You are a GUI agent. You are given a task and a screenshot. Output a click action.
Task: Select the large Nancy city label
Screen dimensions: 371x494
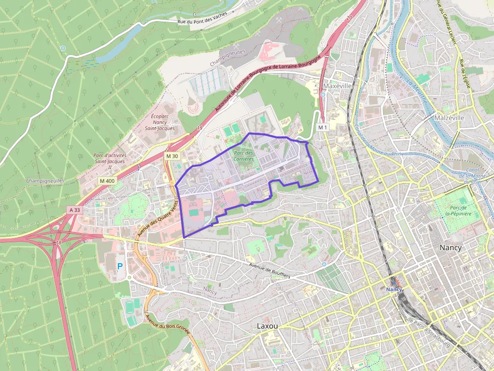coord(450,248)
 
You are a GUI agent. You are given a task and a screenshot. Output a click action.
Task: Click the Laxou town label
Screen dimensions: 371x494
coord(267,326)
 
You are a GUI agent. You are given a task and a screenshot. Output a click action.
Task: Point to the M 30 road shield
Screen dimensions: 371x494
coord(172,156)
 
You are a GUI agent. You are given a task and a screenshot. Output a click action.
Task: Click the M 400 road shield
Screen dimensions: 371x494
coord(107,181)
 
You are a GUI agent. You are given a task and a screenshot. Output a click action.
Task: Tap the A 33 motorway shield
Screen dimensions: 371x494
coord(75,209)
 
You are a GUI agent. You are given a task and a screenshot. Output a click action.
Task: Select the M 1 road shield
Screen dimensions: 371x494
coord(323,127)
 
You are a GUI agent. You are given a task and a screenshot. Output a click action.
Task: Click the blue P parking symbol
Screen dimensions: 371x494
coord(120,266)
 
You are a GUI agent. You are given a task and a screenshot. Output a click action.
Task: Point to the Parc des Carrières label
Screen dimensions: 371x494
coord(243,156)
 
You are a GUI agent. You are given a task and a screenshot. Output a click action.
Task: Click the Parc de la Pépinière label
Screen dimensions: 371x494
coord(458,210)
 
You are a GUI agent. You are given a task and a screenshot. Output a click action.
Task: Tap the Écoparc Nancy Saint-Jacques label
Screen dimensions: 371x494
coord(160,122)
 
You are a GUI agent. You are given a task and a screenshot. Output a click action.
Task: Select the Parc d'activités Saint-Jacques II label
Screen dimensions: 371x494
coord(110,161)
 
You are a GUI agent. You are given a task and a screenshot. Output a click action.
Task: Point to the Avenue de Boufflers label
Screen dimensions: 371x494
coord(270,271)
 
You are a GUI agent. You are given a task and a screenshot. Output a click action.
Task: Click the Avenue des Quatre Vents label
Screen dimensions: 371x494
coord(158,218)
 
